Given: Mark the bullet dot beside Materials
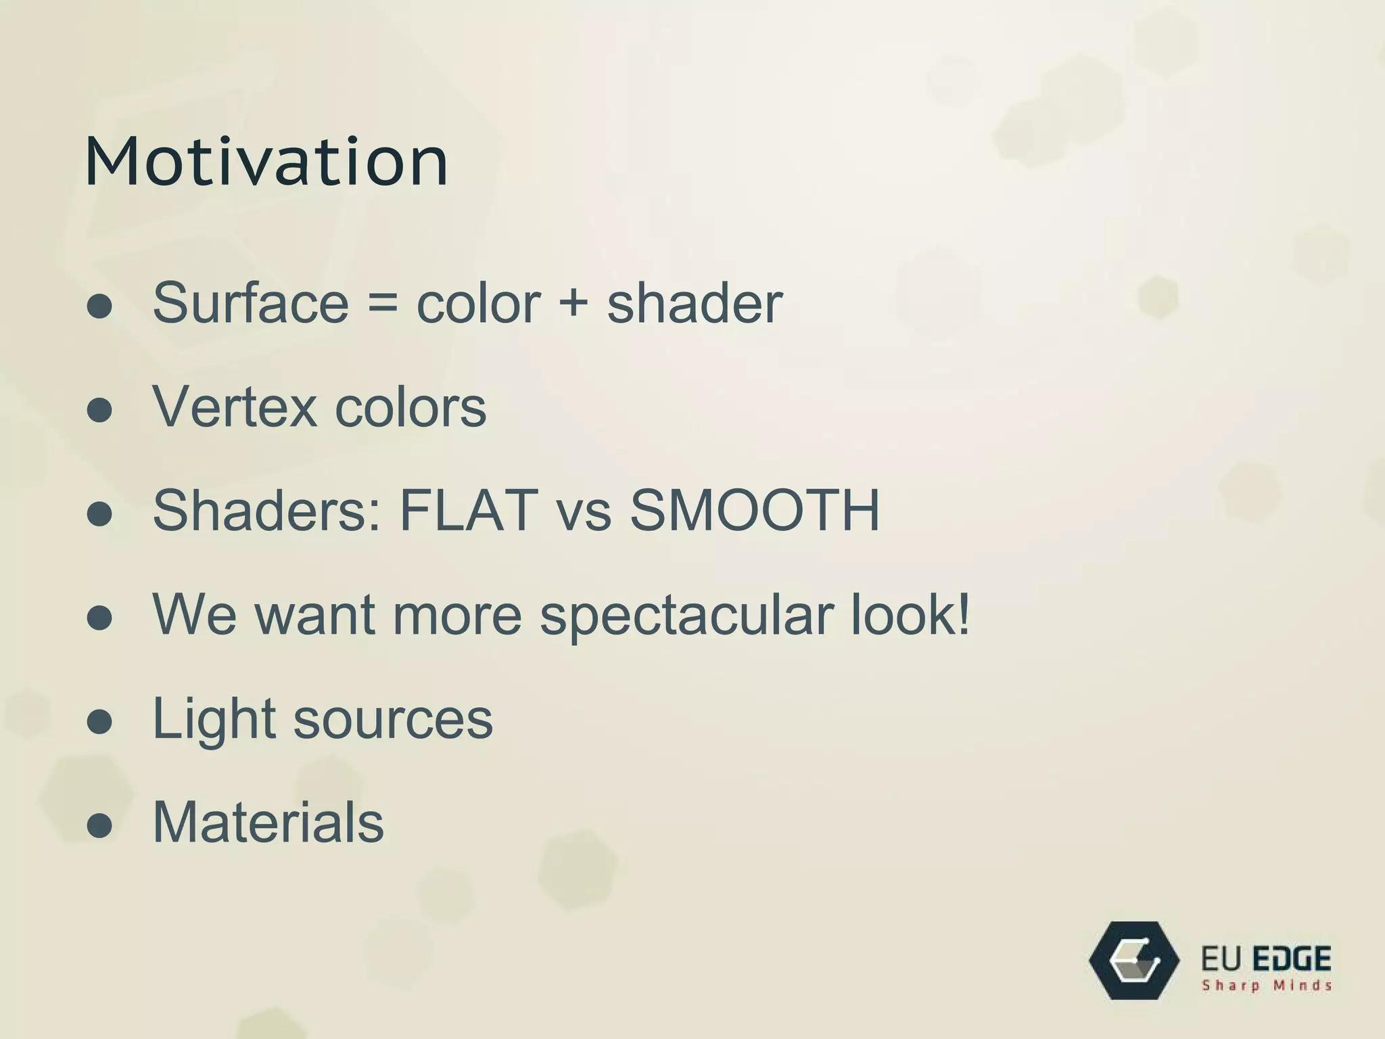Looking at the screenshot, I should tap(99, 825).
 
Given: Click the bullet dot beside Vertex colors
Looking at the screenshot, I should tap(99, 410).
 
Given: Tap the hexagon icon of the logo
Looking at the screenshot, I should tap(1134, 961).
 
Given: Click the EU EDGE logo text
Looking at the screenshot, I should tap(1266, 959).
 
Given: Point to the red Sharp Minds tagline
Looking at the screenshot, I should tap(1266, 986).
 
